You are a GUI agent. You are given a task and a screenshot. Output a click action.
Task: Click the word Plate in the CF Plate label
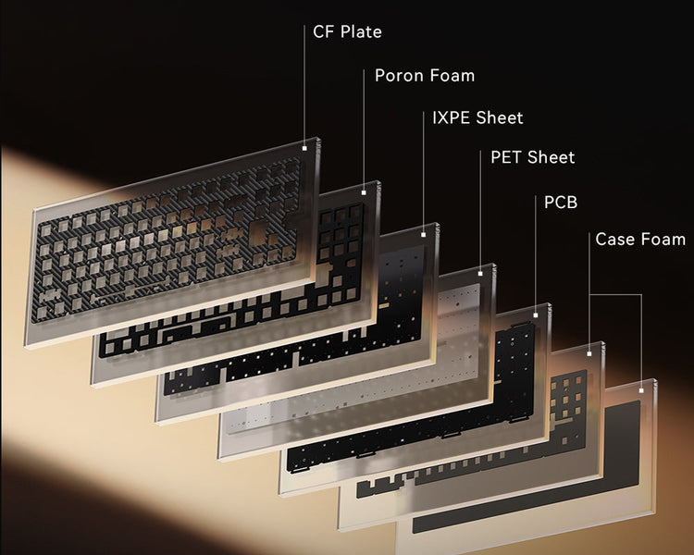pyautogui.click(x=361, y=32)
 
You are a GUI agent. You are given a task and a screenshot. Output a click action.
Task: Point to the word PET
pyautogui.click(x=506, y=157)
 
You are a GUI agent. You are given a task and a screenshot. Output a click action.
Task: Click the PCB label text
pyautogui.click(x=560, y=201)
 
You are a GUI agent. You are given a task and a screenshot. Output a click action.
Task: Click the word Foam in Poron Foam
pyautogui.click(x=452, y=75)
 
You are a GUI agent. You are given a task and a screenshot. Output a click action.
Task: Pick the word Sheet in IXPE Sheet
pyautogui.click(x=501, y=117)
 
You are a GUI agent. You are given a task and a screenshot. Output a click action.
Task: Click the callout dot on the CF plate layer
pyautogui.click(x=305, y=144)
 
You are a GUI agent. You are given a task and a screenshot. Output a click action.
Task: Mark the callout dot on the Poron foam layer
pyautogui.click(x=365, y=191)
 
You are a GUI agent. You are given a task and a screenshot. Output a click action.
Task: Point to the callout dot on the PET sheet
pyautogui.click(x=481, y=275)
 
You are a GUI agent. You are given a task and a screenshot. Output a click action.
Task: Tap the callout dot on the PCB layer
pyautogui.click(x=536, y=315)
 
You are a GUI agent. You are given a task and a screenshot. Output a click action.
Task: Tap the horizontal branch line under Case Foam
pyautogui.click(x=615, y=295)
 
